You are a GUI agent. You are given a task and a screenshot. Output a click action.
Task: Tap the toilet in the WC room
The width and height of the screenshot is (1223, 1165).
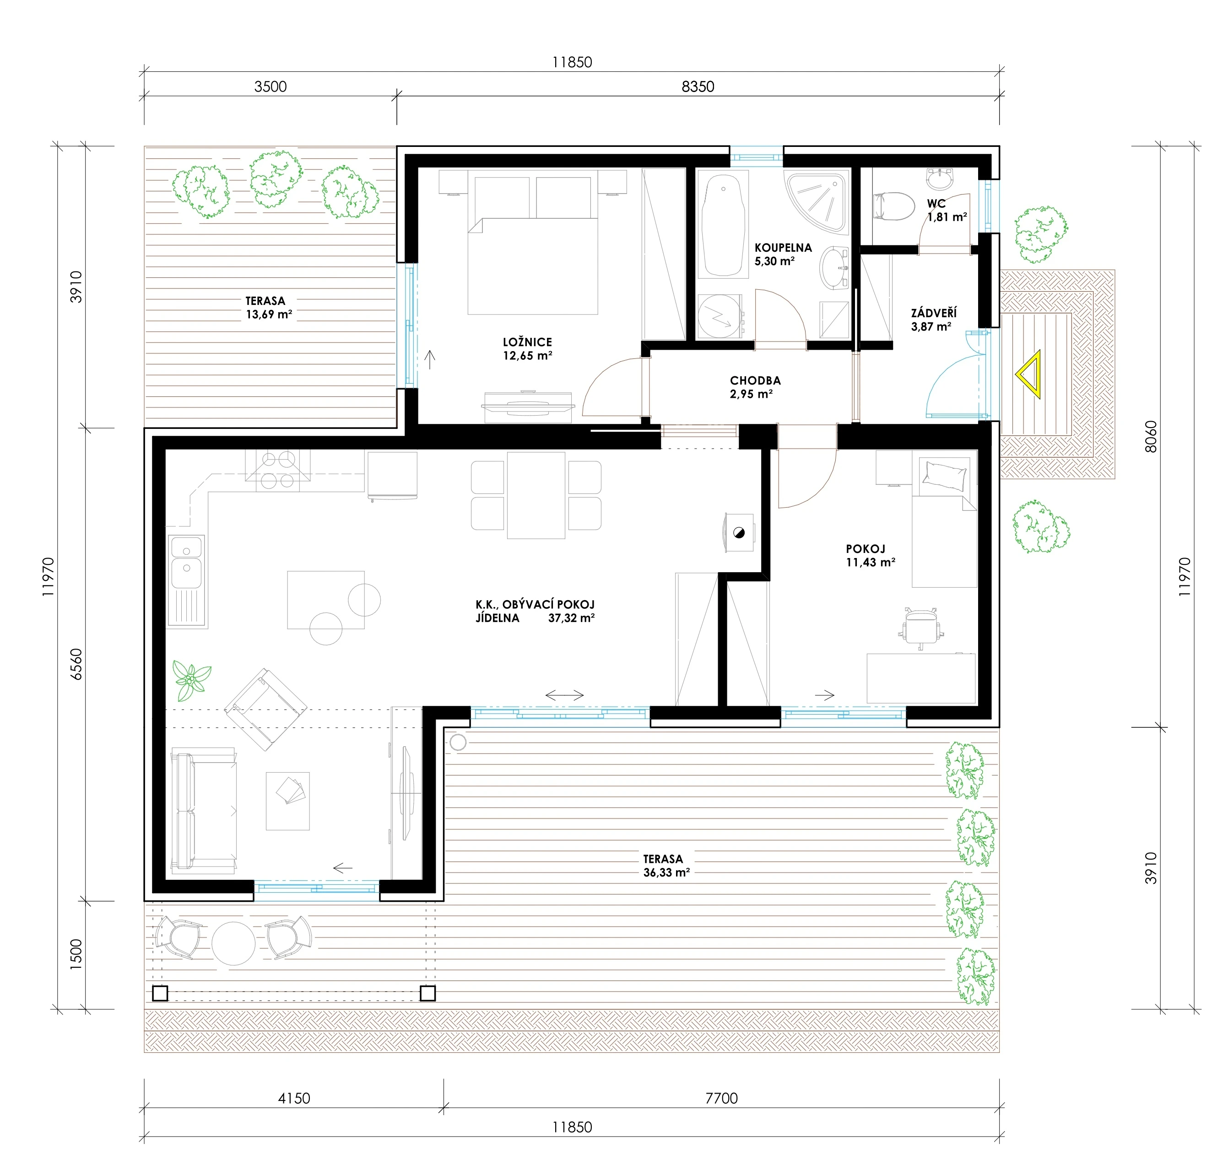click(894, 206)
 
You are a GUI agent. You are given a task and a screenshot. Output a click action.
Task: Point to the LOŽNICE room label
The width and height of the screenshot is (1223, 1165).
click(527, 342)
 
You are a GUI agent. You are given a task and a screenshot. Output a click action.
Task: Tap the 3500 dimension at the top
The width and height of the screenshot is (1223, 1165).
click(271, 87)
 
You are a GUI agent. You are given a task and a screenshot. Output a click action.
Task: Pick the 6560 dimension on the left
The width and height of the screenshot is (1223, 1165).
click(76, 664)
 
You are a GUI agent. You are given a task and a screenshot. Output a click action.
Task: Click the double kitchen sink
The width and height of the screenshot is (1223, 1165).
click(186, 562)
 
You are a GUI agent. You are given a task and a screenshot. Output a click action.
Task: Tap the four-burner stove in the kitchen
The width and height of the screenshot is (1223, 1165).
click(277, 470)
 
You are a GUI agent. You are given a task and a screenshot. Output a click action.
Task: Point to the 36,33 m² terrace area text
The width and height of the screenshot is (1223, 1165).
click(666, 872)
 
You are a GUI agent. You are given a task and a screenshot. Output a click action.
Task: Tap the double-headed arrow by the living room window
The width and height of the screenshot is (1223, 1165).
click(564, 695)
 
